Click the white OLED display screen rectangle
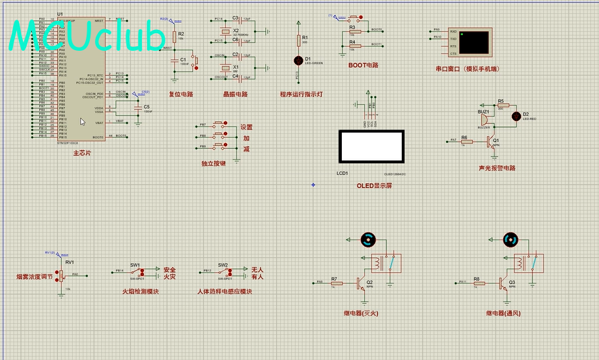point(371,146)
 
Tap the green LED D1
point(299,60)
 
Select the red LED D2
point(517,116)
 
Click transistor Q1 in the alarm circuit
point(493,141)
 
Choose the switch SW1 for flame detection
point(136,272)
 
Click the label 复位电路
point(181,94)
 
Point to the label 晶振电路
point(235,94)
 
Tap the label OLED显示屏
point(374,186)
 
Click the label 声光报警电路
point(497,168)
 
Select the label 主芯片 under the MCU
point(82,153)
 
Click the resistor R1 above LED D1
point(299,41)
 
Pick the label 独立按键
point(214,163)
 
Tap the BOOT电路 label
point(363,66)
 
